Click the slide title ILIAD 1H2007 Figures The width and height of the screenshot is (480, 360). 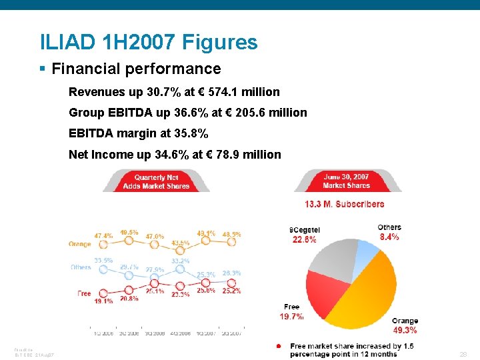coord(148,43)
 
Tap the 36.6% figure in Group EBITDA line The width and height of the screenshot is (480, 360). coord(189,113)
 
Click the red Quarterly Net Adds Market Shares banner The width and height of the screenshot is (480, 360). coord(156,181)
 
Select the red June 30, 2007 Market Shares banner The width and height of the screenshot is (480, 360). coord(346,181)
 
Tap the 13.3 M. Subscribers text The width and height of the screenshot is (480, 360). coord(344,204)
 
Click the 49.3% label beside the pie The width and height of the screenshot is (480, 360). coord(405,330)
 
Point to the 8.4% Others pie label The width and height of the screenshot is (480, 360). coord(389,237)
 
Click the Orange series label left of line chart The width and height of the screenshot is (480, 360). coord(79,244)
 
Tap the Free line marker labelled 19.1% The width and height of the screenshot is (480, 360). coord(103,293)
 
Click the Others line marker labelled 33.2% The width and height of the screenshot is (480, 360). coord(180,269)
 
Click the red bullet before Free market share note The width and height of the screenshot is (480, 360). coord(278,346)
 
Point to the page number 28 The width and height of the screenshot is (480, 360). coord(463,355)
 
